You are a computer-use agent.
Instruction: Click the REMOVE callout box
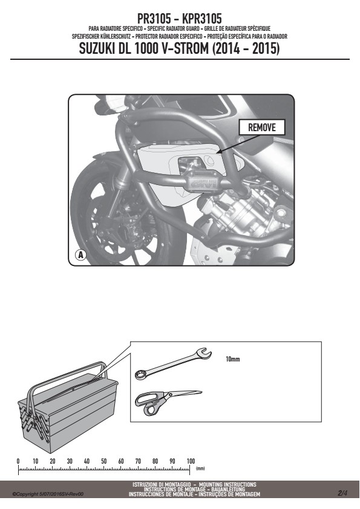(262, 127)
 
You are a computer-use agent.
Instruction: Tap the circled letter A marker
(80, 255)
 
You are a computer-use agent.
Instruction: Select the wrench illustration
(173, 363)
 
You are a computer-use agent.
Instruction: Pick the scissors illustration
(168, 402)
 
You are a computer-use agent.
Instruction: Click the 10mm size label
(232, 359)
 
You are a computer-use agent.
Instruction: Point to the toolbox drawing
(67, 407)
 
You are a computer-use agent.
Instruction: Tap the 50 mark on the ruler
(103, 461)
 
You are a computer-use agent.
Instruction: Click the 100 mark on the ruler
(191, 461)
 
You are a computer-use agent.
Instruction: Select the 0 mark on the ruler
(18, 461)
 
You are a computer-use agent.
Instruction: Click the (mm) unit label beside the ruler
(200, 468)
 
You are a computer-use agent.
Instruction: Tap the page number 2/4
(342, 493)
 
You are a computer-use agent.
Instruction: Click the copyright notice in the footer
(48, 494)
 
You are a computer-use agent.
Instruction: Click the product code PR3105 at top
(154, 19)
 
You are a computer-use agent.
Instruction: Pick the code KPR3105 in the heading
(202, 19)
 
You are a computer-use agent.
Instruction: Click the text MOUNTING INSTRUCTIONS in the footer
(227, 484)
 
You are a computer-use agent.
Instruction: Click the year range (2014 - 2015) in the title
(246, 49)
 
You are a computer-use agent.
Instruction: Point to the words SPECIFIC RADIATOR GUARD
(174, 28)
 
